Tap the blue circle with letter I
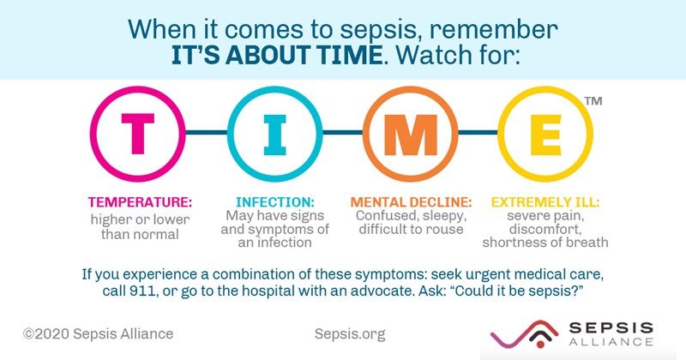click(271, 133)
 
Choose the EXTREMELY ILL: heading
click(545, 203)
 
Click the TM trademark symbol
click(592, 102)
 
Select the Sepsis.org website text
click(351, 333)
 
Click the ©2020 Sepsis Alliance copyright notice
click(98, 333)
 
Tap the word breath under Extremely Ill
click(587, 243)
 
